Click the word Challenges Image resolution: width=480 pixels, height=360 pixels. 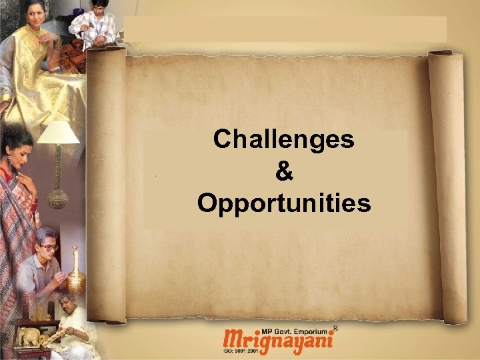point(283,139)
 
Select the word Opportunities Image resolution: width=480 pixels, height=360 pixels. point(283,203)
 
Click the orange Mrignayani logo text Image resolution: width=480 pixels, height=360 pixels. point(279,339)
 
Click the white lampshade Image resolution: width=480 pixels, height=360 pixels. point(58,132)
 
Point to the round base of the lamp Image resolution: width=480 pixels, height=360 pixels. point(57,199)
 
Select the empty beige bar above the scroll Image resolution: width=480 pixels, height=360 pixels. point(285,29)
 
